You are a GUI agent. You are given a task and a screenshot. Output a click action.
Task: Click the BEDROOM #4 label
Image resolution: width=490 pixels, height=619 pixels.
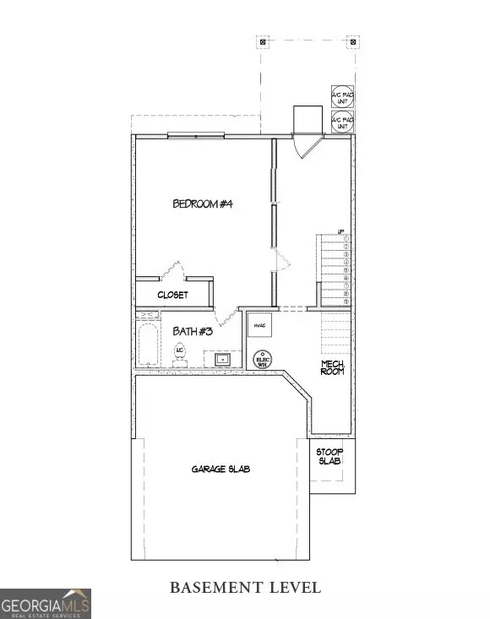(203, 203)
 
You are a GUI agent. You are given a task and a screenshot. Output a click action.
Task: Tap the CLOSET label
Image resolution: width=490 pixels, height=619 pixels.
(172, 295)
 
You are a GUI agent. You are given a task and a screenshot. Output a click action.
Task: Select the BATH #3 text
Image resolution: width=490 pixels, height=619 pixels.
(193, 331)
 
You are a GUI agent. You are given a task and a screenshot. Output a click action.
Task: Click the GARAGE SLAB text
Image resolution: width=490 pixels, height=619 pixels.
(220, 469)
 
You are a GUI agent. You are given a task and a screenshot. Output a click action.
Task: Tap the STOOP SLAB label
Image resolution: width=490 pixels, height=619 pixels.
(329, 457)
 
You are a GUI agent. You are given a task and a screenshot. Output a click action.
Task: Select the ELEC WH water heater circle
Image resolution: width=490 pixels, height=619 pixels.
(263, 359)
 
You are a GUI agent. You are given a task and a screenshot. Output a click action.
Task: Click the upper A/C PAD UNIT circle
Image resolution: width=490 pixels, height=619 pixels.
(341, 96)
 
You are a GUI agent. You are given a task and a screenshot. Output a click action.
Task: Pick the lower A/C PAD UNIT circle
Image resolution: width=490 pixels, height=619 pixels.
(341, 122)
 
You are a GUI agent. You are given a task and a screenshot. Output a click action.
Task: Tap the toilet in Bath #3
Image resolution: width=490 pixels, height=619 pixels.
(180, 353)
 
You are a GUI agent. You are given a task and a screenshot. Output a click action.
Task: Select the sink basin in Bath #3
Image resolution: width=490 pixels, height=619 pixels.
(222, 359)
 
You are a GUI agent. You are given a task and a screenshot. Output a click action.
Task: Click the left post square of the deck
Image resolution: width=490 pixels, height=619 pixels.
(263, 41)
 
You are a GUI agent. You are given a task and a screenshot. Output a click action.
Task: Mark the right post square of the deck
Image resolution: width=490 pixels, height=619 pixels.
(351, 41)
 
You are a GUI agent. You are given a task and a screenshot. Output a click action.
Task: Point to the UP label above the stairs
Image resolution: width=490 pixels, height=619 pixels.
(341, 231)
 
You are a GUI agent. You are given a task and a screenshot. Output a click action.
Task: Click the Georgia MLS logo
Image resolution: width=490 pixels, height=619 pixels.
(46, 603)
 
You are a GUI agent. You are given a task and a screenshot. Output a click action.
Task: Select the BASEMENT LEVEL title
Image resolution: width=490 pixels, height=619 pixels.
(245, 587)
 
